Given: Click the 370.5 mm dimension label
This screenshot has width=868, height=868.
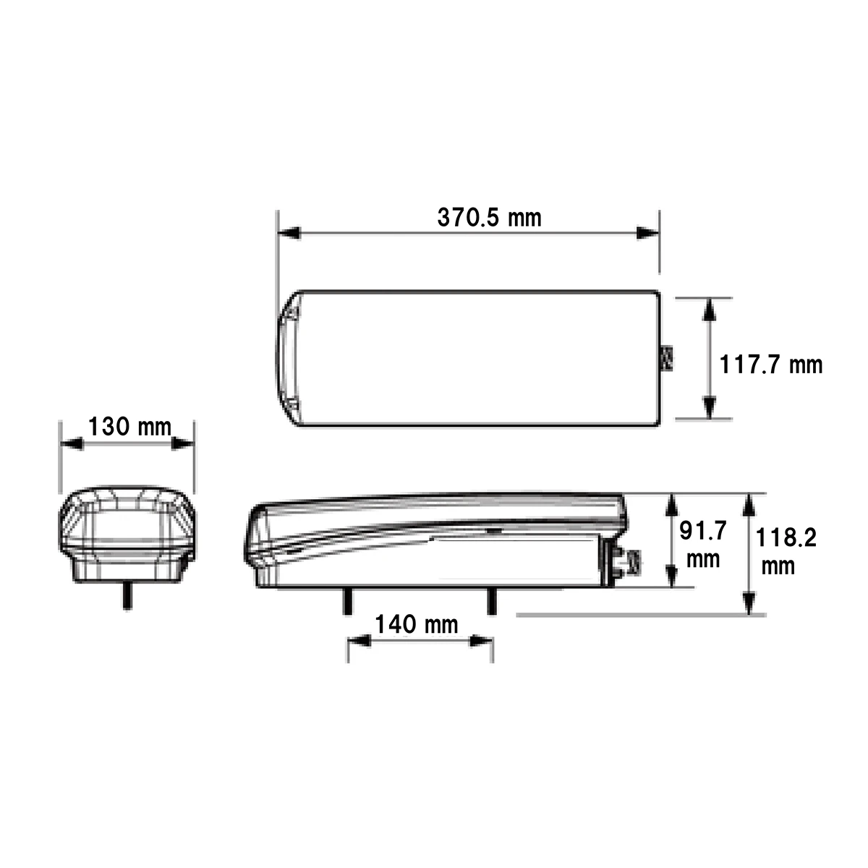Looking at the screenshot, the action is coord(489,218).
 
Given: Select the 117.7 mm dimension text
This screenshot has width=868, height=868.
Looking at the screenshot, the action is coord(770,365).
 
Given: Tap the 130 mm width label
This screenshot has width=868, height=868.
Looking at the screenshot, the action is coord(129,426).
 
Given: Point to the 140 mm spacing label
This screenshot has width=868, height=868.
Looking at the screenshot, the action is coord(416,624).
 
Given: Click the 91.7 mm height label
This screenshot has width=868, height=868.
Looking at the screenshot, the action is coord(702,545).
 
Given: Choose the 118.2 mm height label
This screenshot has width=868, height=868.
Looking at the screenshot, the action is coord(786,551).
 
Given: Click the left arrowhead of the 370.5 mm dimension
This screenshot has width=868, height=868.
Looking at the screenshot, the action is coord(289,234).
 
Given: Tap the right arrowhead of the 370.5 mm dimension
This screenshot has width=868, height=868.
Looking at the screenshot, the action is coord(647,234).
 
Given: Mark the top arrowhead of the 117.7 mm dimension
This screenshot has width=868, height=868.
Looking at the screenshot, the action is coord(710,310).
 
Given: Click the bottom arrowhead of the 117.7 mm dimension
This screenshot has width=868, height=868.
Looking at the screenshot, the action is coord(710,408).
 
